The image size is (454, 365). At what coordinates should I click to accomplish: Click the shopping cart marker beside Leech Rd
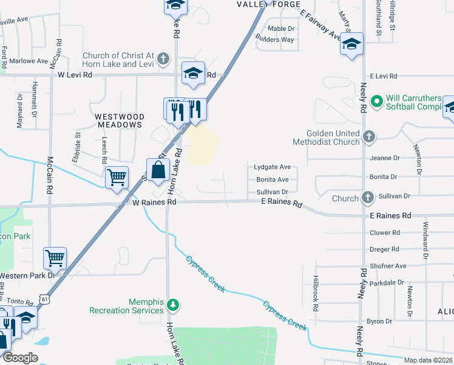(117, 178)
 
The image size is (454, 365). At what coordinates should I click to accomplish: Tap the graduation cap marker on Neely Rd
(351, 44)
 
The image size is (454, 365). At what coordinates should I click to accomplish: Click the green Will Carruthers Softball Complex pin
(376, 100)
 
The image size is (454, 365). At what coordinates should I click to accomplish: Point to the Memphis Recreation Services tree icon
(173, 303)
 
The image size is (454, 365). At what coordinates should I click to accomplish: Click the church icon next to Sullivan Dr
(367, 198)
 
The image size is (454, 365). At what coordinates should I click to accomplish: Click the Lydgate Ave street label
(272, 166)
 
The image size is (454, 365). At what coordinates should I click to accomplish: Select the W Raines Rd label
(154, 202)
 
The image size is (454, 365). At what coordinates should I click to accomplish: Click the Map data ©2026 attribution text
(428, 360)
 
